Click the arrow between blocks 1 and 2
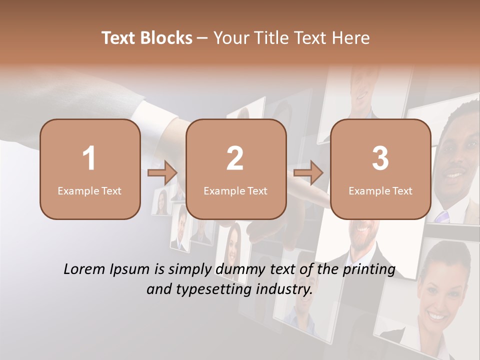[163, 173]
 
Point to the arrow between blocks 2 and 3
[308, 173]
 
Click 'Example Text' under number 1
[89, 190]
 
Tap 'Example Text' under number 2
[235, 190]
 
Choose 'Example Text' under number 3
[380, 190]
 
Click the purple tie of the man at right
[442, 216]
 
